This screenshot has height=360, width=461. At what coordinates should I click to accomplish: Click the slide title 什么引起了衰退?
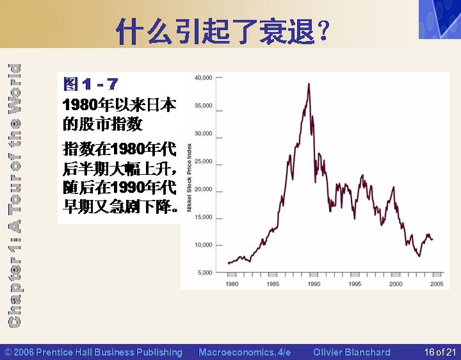223,31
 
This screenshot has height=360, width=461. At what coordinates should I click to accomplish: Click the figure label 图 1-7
91,84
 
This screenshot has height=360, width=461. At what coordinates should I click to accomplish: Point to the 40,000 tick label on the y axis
203,78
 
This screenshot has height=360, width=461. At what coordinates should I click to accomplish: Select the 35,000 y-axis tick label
203,106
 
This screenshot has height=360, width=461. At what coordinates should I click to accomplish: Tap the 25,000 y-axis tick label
203,161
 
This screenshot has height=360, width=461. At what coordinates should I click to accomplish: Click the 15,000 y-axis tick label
203,217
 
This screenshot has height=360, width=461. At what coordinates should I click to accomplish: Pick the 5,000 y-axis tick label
205,273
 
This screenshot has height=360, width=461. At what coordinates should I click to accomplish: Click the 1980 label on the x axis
232,284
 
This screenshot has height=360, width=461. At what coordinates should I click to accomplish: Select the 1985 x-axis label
273,284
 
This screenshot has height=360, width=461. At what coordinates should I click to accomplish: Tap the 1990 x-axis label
314,284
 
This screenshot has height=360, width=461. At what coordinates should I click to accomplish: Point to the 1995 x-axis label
355,284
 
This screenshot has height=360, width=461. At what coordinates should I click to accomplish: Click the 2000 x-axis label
396,284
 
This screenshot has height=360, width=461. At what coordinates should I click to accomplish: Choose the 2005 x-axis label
437,284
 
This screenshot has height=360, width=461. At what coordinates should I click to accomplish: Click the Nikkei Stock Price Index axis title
190,177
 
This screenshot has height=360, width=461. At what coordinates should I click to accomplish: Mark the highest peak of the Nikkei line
309,83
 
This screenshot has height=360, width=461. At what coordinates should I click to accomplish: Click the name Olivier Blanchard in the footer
352,352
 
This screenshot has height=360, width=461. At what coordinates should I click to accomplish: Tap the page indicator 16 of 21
440,352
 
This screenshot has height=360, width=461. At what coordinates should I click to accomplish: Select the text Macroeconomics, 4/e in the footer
245,352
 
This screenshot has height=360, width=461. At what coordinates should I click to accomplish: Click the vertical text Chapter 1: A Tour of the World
14,195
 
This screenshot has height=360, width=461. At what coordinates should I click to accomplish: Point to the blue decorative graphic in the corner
440,19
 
